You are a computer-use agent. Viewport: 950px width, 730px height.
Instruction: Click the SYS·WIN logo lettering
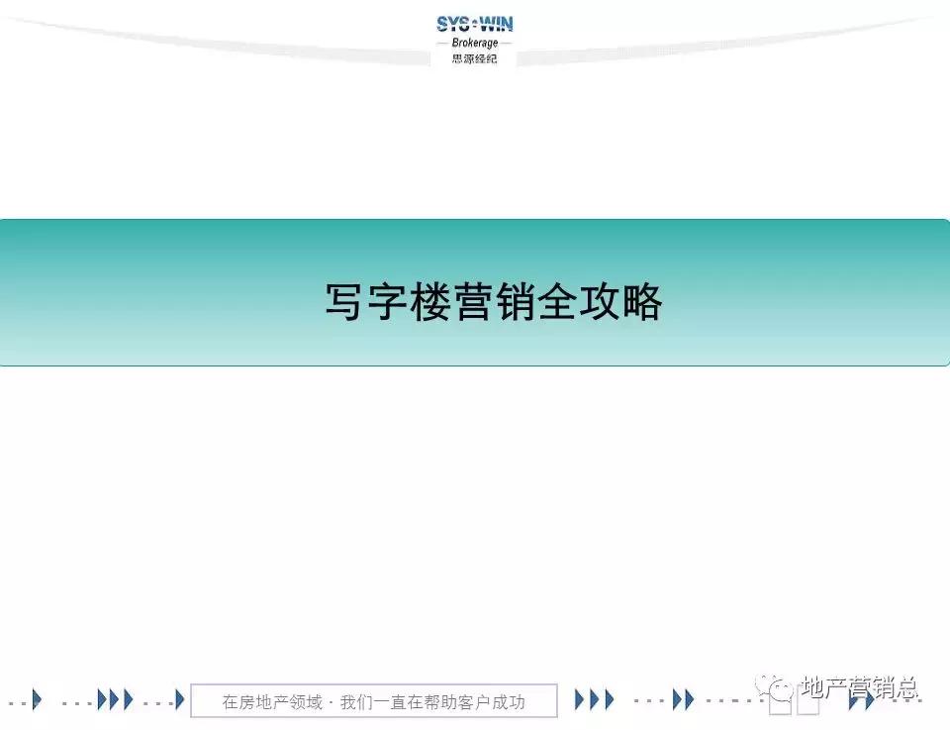tap(475, 24)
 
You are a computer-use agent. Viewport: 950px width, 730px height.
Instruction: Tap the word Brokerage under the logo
tap(475, 43)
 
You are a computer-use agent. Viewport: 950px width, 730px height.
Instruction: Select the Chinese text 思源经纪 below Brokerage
tap(475, 58)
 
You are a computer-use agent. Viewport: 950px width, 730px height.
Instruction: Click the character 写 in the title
tap(345, 302)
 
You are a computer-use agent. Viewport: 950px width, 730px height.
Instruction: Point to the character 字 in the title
tap(388, 302)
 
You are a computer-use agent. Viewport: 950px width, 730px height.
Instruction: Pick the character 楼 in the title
tap(430, 302)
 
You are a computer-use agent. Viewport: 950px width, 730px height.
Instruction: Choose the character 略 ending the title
tap(643, 302)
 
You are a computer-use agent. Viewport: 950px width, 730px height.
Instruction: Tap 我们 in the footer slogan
tap(356, 702)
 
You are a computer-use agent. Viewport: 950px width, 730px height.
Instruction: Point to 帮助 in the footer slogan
tap(440, 702)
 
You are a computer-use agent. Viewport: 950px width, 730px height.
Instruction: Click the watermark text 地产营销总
tap(859, 687)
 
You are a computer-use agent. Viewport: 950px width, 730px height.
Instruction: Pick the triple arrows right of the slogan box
tap(594, 699)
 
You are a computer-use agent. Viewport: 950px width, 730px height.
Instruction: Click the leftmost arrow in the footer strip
tap(37, 699)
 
